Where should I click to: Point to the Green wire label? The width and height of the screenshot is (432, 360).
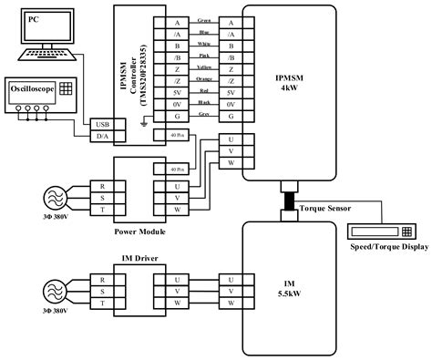[204, 20]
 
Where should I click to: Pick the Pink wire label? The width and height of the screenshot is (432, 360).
[204, 56]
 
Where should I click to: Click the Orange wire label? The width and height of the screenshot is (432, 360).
[204, 80]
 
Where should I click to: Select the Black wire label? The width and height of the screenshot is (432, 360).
[204, 104]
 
